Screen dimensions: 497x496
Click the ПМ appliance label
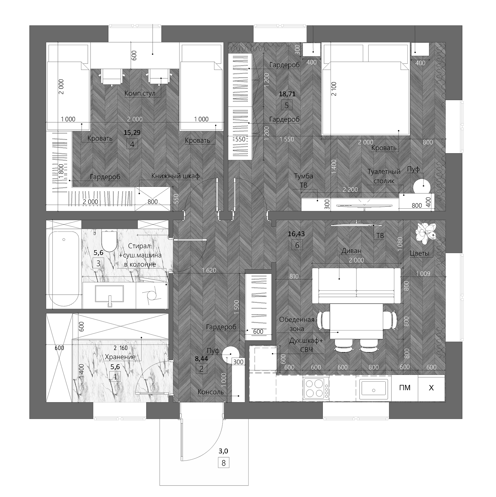pos(405,388)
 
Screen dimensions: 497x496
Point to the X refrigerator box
pos(431,388)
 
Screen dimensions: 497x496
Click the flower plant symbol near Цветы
pos(426,232)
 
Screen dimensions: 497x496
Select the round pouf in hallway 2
pos(230,354)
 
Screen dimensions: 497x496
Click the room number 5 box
pos(287,106)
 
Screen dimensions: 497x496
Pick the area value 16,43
pos(296,234)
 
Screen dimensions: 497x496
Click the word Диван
pos(351,251)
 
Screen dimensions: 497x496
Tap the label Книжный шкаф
pos(175,176)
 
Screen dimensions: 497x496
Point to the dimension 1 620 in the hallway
pos(209,270)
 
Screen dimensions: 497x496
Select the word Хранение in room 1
pos(120,357)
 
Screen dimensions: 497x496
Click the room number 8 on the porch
pos(223,463)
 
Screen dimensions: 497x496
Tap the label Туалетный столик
pos(384,176)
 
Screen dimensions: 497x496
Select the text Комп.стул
pos(140,93)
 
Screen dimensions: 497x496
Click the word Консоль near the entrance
pos(211,392)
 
